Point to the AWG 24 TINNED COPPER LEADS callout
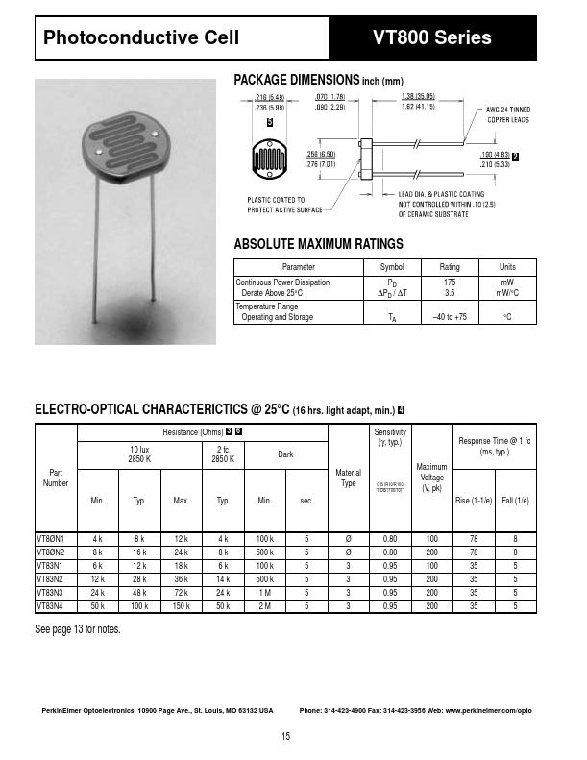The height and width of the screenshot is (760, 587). (x=508, y=115)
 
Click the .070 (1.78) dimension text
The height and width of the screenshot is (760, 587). (x=330, y=97)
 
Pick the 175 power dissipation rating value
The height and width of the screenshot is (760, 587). (x=449, y=282)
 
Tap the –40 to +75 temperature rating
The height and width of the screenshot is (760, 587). (x=449, y=317)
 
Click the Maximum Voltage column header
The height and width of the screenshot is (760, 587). (x=432, y=478)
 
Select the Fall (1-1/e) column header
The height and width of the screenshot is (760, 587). (x=516, y=501)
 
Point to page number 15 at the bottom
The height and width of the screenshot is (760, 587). (x=285, y=736)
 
